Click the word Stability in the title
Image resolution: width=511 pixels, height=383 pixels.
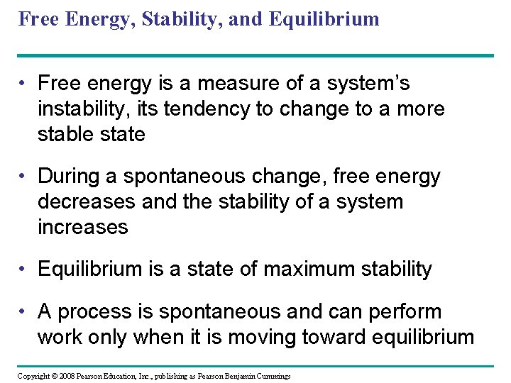tap(173, 18)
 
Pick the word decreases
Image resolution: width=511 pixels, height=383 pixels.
tap(86, 202)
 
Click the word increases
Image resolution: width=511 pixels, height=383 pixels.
tap(82, 227)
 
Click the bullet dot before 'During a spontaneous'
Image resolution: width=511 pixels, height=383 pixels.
tap(25, 177)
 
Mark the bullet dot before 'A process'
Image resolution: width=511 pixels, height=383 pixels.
tap(25, 312)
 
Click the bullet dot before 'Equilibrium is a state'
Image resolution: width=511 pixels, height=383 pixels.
tap(25, 270)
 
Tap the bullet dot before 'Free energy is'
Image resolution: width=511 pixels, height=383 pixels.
tap(25, 84)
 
